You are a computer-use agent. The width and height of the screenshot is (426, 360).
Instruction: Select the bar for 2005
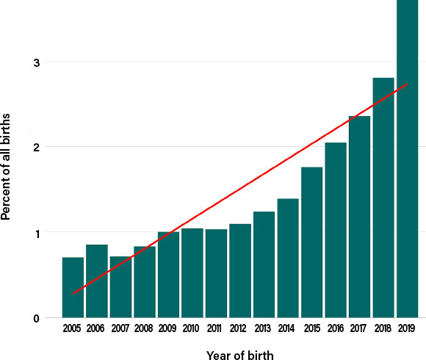tap(73, 287)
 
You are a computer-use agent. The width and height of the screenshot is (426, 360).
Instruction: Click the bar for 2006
tap(97, 281)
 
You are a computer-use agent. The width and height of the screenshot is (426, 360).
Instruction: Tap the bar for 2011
tap(216, 273)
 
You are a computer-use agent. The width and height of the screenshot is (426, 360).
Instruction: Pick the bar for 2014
tap(288, 258)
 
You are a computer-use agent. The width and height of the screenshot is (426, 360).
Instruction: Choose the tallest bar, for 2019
tap(407, 159)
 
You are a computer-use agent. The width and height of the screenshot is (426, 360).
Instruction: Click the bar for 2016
tap(336, 230)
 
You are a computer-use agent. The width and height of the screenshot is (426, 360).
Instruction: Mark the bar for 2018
tap(383, 198)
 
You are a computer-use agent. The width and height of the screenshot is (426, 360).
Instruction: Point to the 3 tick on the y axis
tap(37, 62)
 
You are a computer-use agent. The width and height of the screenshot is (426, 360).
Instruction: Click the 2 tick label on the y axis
tap(37, 148)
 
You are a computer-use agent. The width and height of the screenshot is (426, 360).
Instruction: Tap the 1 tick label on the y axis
tap(37, 234)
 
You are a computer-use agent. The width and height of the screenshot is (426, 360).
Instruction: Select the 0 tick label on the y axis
tap(37, 318)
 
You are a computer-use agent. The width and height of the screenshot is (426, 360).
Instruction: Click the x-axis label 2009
tap(167, 328)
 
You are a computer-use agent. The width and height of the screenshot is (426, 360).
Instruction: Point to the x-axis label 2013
tap(262, 328)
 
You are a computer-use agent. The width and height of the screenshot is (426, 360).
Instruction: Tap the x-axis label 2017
tap(358, 328)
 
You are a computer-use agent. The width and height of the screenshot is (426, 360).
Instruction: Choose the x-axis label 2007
tap(120, 328)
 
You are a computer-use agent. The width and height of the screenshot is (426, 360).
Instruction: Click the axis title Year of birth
tap(240, 355)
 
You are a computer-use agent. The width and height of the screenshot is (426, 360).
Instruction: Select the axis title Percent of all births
tap(5, 167)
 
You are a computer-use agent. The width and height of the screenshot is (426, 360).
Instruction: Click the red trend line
tap(240, 189)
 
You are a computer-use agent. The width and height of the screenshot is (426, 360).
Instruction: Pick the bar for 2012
tap(240, 270)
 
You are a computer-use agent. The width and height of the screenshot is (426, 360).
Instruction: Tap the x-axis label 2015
tap(312, 328)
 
